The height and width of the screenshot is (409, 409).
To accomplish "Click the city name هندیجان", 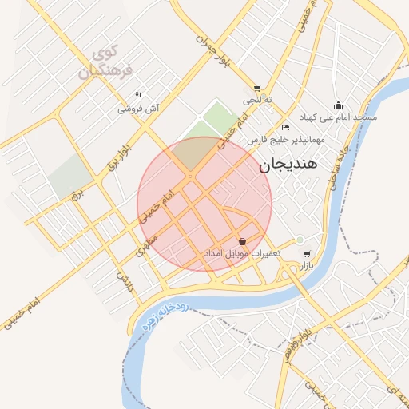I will [x=288, y=165].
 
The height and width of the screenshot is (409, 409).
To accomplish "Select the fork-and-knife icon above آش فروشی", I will [x=139, y=95].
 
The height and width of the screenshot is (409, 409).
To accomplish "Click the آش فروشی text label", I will [x=141, y=109].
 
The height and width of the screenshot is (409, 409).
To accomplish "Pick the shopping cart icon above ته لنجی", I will [x=256, y=89].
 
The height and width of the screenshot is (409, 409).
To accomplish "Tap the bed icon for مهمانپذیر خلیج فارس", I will [x=286, y=128].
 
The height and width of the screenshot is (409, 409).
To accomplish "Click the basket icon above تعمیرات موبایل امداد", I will [x=242, y=240].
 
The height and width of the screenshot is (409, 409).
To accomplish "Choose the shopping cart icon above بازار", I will [x=307, y=254].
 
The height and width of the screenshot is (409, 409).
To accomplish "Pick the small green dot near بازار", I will [x=300, y=240].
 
